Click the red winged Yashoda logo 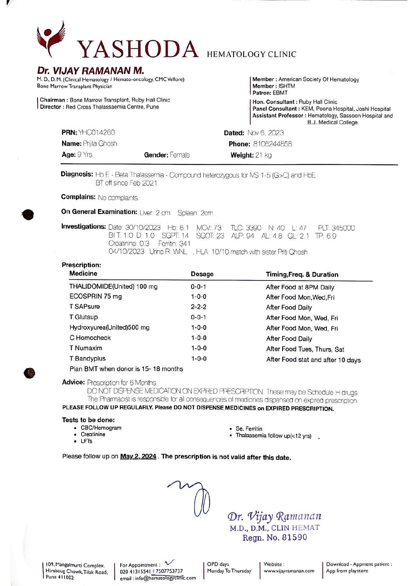click(51, 38)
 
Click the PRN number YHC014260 click(96, 133)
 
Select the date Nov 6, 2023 click(265, 133)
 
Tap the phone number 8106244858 click(272, 144)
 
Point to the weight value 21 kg click(263, 155)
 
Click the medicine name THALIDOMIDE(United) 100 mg click(113, 286)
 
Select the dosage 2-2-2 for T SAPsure click(198, 307)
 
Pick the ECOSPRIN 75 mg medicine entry click(95, 297)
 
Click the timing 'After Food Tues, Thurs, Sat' click(305, 349)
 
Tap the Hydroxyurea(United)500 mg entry click(109, 328)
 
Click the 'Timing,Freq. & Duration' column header click(302, 274)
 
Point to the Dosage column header click(202, 274)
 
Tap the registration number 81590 click(294, 538)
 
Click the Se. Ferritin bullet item click(249, 428)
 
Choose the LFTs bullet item click(86, 441)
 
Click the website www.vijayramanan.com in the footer click(289, 571)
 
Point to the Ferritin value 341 click(184, 244)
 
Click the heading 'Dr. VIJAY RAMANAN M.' click(90, 71)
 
